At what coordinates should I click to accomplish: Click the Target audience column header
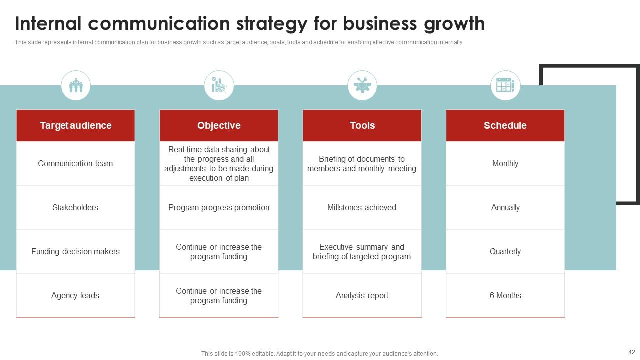coord(75,125)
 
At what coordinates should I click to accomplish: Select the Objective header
coord(219,125)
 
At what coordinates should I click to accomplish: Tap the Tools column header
coord(362,125)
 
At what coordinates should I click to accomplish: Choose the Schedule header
coord(505,125)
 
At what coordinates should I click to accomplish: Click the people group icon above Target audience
coord(76,85)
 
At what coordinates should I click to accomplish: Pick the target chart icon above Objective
coord(219,85)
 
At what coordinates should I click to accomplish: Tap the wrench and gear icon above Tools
coord(362,85)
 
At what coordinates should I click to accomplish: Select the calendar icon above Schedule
coord(505,85)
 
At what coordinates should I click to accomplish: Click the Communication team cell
coord(75,163)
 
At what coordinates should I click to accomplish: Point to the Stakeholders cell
coord(75,207)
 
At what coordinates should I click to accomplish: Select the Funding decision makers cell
coord(75,251)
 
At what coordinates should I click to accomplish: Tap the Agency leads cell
coord(75,295)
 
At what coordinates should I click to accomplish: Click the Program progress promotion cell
coord(219,207)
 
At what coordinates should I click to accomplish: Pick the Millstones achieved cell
coord(362,207)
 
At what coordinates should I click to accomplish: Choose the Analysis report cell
coord(362,295)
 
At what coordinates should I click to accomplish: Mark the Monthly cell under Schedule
coord(505,163)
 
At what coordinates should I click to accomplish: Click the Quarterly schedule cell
coord(505,251)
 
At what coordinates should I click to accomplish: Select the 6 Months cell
coord(505,295)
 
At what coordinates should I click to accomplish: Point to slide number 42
coord(631,352)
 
